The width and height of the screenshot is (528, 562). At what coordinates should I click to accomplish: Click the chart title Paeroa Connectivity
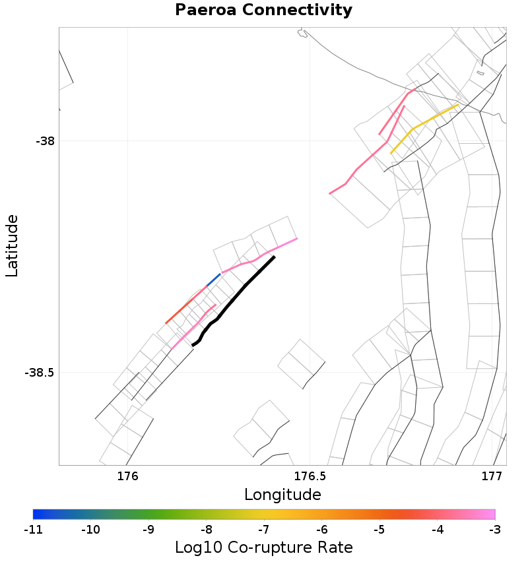[263, 11]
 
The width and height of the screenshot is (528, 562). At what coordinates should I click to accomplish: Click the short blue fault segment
[213, 280]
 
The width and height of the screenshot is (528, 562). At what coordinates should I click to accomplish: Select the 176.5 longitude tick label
[310, 476]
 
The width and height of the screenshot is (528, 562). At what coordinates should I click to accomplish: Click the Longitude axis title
[282, 495]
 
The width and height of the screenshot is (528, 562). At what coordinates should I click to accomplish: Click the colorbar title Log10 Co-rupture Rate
[263, 547]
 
